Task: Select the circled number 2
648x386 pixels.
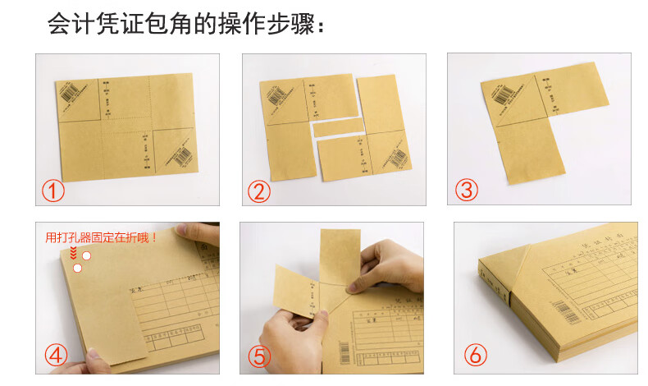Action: click(260, 192)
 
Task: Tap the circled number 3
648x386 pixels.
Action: click(468, 191)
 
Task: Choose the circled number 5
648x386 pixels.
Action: click(260, 356)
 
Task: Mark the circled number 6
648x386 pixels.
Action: click(476, 356)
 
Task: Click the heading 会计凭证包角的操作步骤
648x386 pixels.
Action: click(186, 25)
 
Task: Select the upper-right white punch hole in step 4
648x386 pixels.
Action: click(86, 256)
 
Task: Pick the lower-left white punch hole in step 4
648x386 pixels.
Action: click(77, 268)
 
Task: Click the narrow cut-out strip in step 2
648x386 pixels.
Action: click(338, 127)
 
